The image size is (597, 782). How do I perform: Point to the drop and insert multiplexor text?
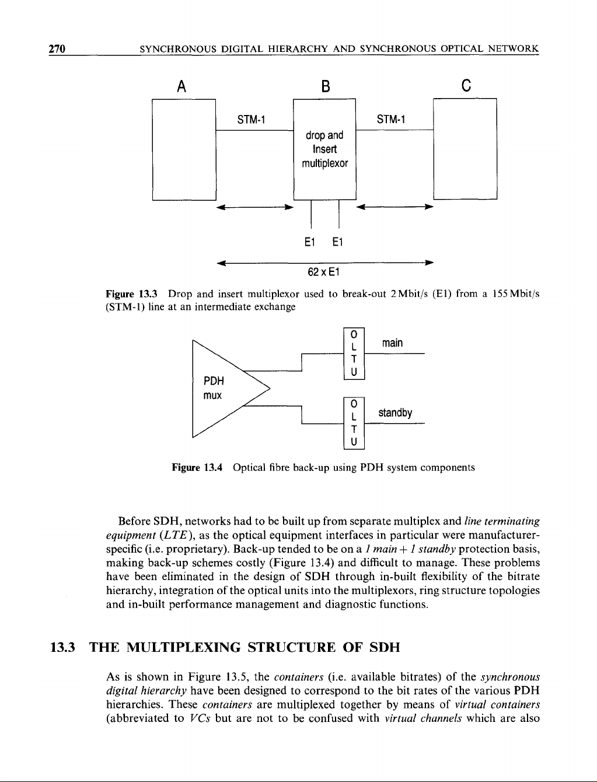tap(324, 149)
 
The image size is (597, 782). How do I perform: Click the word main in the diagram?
tap(392, 343)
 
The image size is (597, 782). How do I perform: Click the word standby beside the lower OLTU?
tap(395, 413)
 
